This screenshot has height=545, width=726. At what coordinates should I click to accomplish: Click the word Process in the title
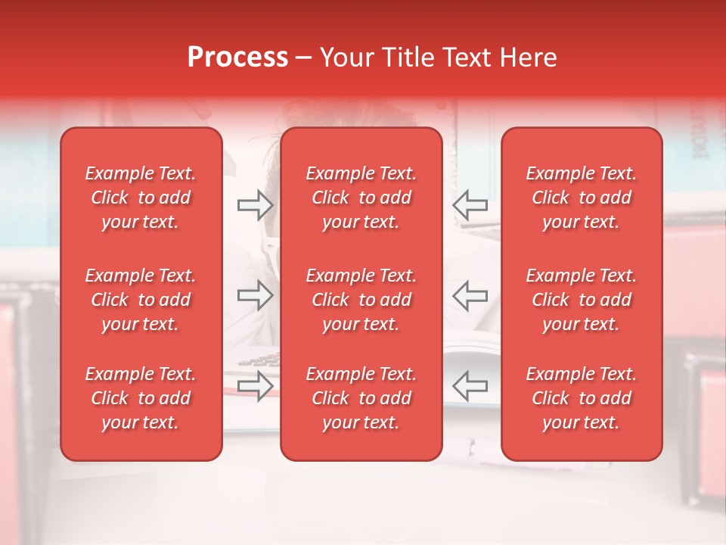pyautogui.click(x=237, y=58)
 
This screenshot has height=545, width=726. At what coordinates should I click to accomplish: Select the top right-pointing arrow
pyautogui.click(x=255, y=204)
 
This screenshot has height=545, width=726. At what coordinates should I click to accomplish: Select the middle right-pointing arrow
pyautogui.click(x=255, y=295)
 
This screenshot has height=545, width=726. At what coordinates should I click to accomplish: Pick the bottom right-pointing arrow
pyautogui.click(x=255, y=386)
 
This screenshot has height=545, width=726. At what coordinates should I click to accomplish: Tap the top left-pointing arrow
pyautogui.click(x=470, y=204)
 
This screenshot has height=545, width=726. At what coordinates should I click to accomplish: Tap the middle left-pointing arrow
pyautogui.click(x=470, y=295)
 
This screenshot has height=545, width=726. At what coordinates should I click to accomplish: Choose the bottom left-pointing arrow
pyautogui.click(x=470, y=386)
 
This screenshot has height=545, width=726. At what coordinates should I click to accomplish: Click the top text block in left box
pyautogui.click(x=141, y=198)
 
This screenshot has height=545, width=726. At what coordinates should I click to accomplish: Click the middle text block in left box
pyautogui.click(x=141, y=300)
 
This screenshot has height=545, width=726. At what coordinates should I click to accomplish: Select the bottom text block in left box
pyautogui.click(x=141, y=398)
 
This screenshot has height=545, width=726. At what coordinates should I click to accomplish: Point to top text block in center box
pyautogui.click(x=361, y=198)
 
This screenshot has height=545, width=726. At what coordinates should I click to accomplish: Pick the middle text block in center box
pyautogui.click(x=361, y=300)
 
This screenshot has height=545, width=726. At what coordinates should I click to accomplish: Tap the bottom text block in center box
pyautogui.click(x=361, y=398)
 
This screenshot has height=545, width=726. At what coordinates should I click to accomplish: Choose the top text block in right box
pyautogui.click(x=582, y=198)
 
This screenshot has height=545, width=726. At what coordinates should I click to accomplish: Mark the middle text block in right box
pyautogui.click(x=582, y=300)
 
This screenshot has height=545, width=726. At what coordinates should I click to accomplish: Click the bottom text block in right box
pyautogui.click(x=582, y=398)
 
